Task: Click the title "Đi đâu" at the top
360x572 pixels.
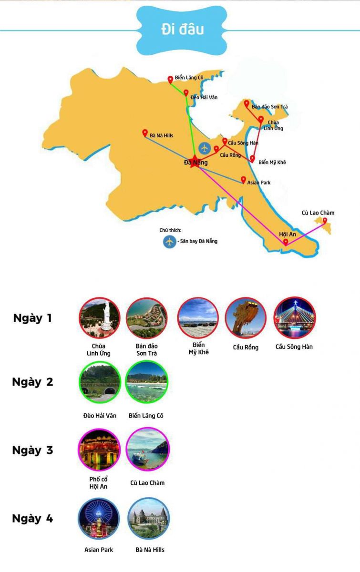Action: (182, 29)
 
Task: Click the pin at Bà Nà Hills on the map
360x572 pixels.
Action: (145, 133)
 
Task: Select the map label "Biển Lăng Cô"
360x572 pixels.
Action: (189, 77)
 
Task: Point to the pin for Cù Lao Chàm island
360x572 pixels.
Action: (325, 221)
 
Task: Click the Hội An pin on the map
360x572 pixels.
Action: (285, 242)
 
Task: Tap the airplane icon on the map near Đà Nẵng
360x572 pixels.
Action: (205, 148)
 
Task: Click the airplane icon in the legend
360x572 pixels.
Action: (169, 241)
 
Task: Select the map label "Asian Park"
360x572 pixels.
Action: (259, 183)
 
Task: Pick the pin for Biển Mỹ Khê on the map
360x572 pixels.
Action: (252, 159)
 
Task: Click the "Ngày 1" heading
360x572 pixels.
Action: (32, 318)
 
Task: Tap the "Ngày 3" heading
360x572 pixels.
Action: (32, 450)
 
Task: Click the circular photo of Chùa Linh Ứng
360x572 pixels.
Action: (99, 318)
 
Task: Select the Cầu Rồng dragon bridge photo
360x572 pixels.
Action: (246, 318)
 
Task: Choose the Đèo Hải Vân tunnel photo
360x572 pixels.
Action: (99, 383)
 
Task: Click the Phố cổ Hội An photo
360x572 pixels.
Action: (99, 449)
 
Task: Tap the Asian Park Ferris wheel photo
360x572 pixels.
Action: (99, 519)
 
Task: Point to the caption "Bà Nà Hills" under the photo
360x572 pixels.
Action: (150, 550)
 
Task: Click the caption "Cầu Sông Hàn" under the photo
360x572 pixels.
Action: (294, 347)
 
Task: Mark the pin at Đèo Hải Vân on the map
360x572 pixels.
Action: (186, 93)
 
